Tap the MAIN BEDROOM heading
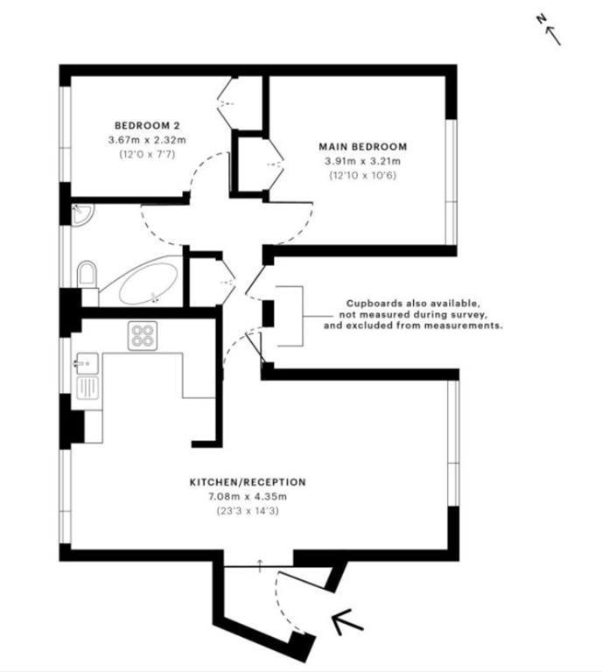[362, 146]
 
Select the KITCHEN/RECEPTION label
[248, 482]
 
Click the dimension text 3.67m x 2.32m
[149, 139]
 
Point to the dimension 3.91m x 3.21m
[362, 161]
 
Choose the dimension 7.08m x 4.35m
[248, 497]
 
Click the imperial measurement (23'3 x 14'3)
[248, 511]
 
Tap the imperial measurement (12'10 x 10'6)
[362, 175]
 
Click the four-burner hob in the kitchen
[143, 336]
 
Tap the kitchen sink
[87, 362]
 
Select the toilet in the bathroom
[87, 277]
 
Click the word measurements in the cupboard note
[471, 325]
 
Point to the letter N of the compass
[542, 20]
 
